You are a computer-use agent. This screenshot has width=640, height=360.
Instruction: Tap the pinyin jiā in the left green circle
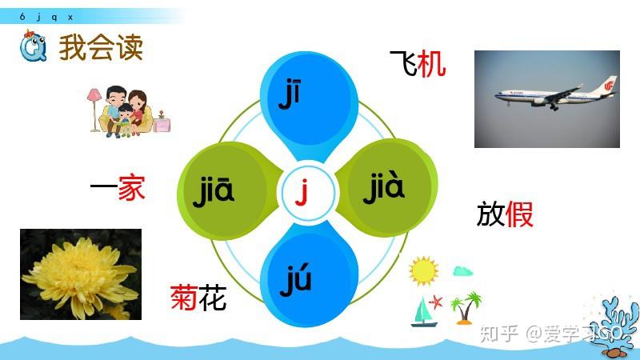click(214, 191)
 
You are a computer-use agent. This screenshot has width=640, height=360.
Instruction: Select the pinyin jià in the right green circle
click(384, 189)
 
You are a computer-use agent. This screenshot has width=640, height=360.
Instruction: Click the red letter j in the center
click(302, 192)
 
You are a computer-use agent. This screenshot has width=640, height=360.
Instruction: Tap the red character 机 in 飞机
click(432, 64)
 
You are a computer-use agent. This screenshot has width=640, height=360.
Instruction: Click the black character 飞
click(402, 64)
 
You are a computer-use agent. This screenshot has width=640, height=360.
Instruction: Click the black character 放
click(490, 214)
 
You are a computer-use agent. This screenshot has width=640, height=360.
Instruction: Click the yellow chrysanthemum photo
click(81, 274)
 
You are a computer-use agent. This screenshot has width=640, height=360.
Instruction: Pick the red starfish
click(437, 302)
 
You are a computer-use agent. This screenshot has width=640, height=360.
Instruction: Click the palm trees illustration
click(466, 306)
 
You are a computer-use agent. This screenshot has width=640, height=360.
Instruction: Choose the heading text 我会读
click(101, 49)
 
